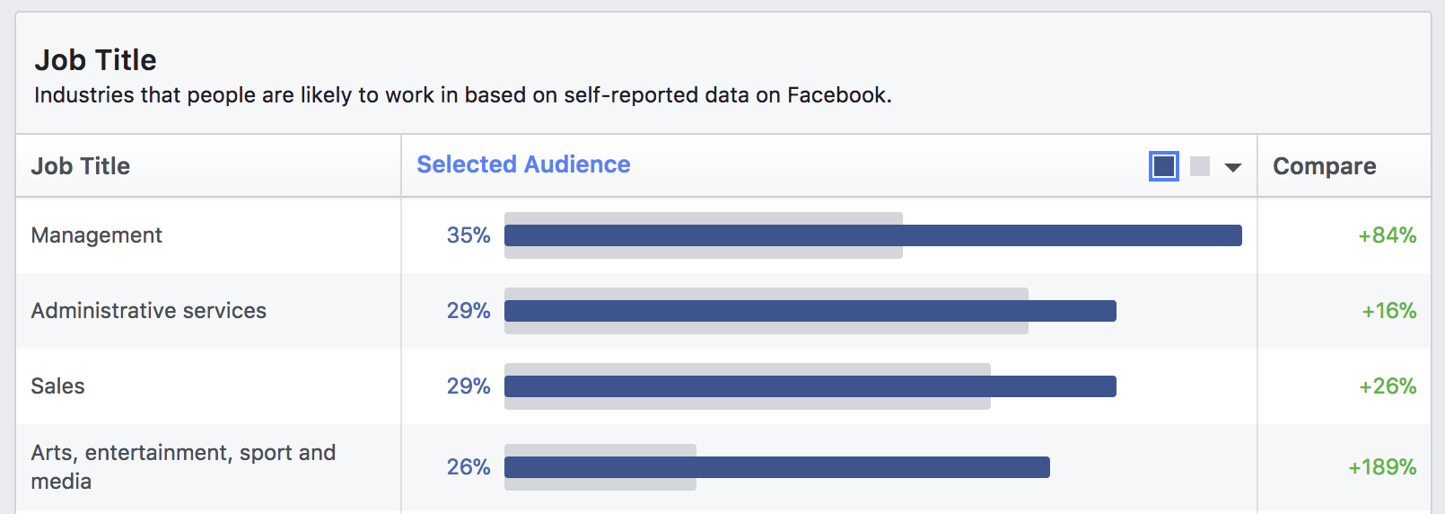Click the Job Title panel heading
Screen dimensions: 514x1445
click(95, 60)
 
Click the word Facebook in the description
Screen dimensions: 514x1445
click(837, 95)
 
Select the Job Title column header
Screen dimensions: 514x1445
click(81, 166)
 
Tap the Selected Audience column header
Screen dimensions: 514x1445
click(523, 164)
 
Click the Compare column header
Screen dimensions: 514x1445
click(1324, 166)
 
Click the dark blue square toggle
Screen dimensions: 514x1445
click(1163, 166)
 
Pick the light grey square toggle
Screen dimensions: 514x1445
click(1200, 166)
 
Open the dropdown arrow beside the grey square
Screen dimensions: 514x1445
click(1233, 167)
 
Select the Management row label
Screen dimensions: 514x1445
click(97, 235)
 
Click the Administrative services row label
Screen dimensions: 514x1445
click(149, 311)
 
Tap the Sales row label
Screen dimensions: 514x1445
click(58, 386)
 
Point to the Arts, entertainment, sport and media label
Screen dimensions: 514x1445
click(183, 466)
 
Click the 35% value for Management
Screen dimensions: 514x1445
click(469, 235)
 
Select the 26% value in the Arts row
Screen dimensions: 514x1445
click(469, 467)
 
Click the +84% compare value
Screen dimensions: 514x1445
click(1387, 235)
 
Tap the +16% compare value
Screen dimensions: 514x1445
click(1388, 311)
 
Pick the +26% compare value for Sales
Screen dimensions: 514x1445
click(1388, 386)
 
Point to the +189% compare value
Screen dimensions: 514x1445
click(1382, 467)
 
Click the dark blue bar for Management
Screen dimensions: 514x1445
click(872, 235)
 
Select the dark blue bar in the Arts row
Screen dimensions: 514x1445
click(776, 467)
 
